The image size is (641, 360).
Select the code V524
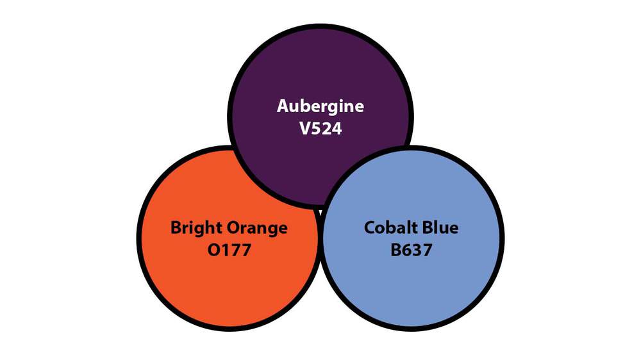tap(320, 128)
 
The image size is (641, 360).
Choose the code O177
tap(229, 250)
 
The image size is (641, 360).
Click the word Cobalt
tap(387, 227)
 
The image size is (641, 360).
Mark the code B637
tap(411, 250)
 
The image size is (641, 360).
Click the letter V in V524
tap(305, 128)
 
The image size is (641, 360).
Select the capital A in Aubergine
tap(283, 106)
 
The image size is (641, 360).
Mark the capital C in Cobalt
tap(370, 228)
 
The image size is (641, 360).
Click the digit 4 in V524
tap(337, 128)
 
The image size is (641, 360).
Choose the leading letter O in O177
tap(214, 250)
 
